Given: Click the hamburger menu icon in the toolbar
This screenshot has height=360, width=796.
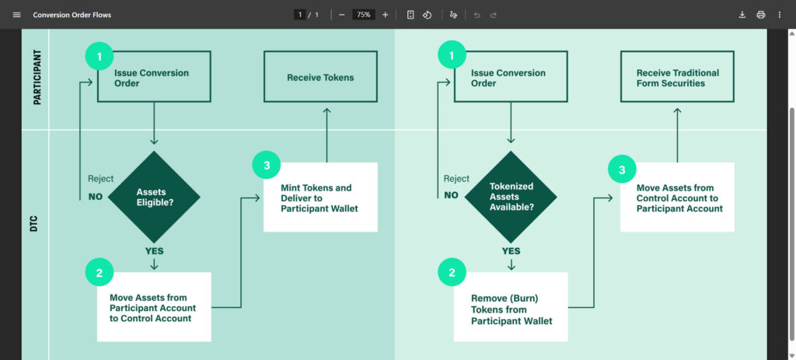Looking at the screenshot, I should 17,15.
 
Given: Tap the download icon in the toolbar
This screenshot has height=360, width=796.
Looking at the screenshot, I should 742,15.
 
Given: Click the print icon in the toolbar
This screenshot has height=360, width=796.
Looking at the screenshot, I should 760,15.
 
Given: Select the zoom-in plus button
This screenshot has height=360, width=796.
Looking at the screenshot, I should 385,15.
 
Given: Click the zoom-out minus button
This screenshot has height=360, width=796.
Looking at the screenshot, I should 341,15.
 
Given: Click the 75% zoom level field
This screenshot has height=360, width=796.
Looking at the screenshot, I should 363,15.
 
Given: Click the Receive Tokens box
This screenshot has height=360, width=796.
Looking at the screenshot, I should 320,77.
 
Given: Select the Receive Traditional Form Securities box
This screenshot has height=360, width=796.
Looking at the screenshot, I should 677,77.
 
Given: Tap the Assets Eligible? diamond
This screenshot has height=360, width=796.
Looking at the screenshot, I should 154,197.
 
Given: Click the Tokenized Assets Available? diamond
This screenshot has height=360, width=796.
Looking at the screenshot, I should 511,197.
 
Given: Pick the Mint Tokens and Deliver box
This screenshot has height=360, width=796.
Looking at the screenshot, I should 320,197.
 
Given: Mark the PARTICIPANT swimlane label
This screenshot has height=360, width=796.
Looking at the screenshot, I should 37,79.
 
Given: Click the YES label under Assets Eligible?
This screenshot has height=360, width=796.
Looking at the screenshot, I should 154,251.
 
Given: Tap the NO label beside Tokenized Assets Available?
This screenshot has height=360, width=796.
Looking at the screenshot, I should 452,196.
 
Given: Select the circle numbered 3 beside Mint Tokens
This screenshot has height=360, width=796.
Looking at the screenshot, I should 267,165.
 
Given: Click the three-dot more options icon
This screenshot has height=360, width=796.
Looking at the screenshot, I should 779,15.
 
